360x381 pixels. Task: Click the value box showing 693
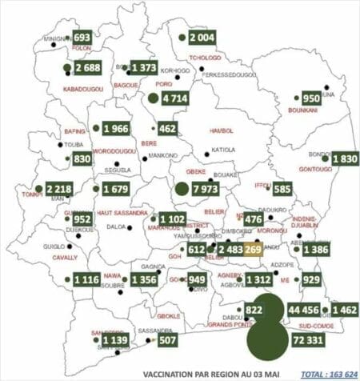pyautogui.click(x=82, y=38)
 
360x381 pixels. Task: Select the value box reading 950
pyautogui.click(x=310, y=98)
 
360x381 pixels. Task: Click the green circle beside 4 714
pyautogui.click(x=153, y=98)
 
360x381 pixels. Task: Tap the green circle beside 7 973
pyautogui.click(x=182, y=189)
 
